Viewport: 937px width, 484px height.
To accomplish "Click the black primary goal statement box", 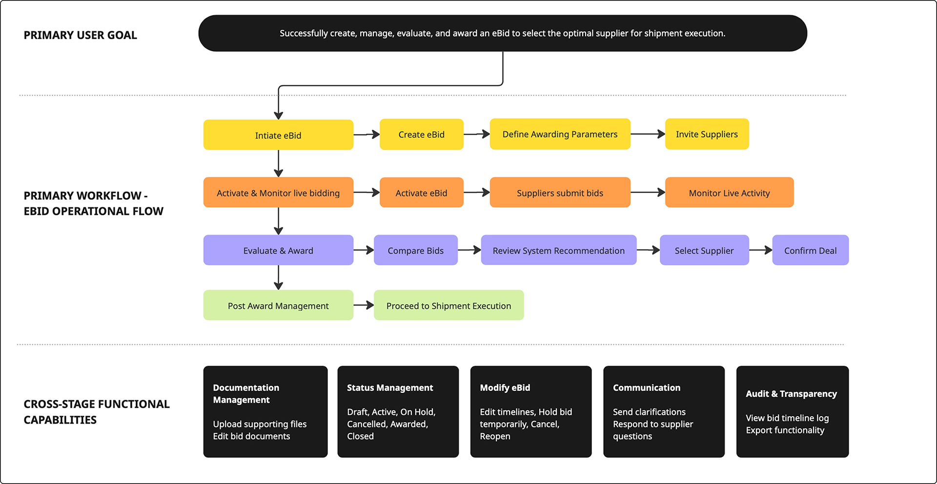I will (x=502, y=33).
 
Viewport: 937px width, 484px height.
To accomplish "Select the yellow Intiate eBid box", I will (x=278, y=135).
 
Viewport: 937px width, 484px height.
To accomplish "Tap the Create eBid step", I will (x=421, y=134).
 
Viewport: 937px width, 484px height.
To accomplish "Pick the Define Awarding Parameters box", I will (x=560, y=134).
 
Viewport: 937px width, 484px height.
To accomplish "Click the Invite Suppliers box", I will (x=706, y=134).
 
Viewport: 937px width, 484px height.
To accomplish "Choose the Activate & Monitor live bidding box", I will (x=278, y=193).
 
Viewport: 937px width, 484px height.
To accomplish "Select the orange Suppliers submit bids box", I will (x=560, y=193).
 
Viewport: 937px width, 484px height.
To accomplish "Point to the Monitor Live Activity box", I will (x=729, y=193).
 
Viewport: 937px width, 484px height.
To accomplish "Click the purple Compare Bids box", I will (x=415, y=250).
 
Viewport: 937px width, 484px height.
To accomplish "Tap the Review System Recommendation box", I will (x=558, y=250).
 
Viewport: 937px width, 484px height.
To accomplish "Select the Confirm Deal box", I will (x=810, y=250).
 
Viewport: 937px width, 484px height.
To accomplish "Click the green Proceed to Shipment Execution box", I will (x=448, y=305).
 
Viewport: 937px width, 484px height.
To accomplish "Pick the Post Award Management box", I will (x=278, y=305).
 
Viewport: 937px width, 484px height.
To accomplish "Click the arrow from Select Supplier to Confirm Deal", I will (x=760, y=250).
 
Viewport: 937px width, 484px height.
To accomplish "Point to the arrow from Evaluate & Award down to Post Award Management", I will (x=278, y=277).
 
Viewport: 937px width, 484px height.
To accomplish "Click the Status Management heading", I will (x=390, y=387).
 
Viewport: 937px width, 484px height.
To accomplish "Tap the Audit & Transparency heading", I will (x=791, y=393).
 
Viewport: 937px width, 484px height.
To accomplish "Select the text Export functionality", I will (x=785, y=430).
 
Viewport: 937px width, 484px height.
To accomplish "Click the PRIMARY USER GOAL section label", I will (x=81, y=35).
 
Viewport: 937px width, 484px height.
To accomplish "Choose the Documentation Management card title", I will (x=246, y=393).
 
